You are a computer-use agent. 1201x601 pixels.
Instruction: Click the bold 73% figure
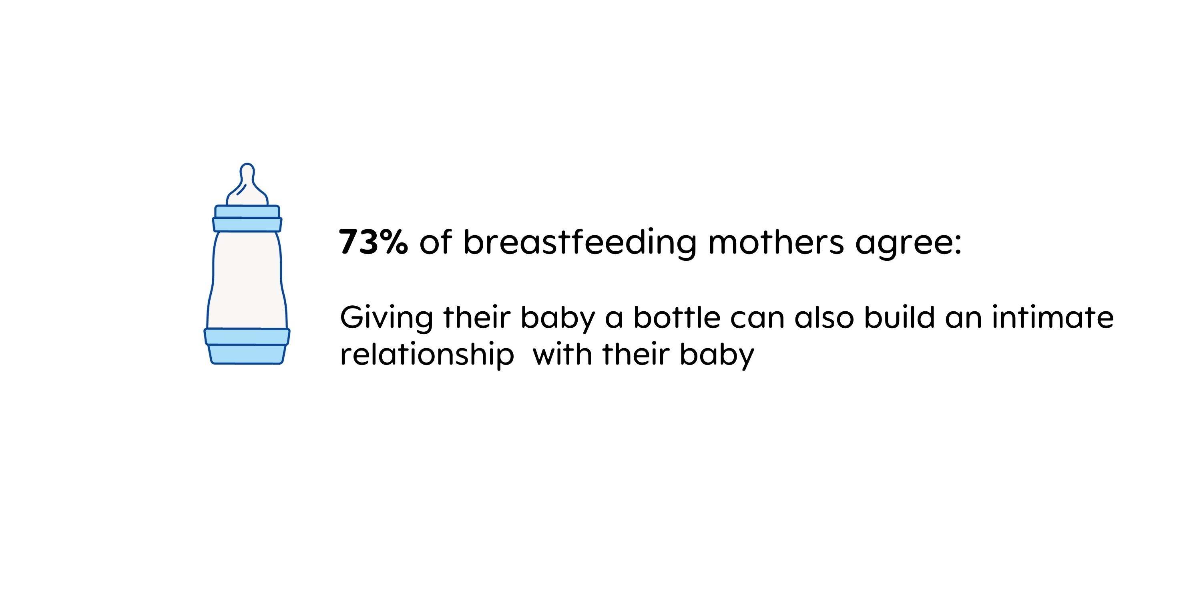tap(374, 242)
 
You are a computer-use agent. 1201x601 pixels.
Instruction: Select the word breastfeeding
tap(580, 243)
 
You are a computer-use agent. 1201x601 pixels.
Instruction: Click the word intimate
tap(1052, 317)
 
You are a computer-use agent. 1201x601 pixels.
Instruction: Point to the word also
tap(824, 317)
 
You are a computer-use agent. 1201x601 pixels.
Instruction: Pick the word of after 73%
tap(436, 242)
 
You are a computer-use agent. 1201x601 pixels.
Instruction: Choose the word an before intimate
tap(962, 321)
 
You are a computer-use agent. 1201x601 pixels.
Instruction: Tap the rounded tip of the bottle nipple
tap(247, 165)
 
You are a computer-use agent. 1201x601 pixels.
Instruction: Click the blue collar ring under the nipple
tap(247, 218)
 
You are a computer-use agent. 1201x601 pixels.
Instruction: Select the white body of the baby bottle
tap(247, 280)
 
